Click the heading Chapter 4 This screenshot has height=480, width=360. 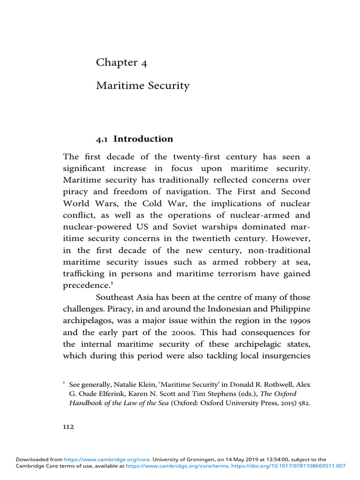(x=121, y=63)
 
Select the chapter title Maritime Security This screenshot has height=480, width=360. (x=142, y=86)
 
